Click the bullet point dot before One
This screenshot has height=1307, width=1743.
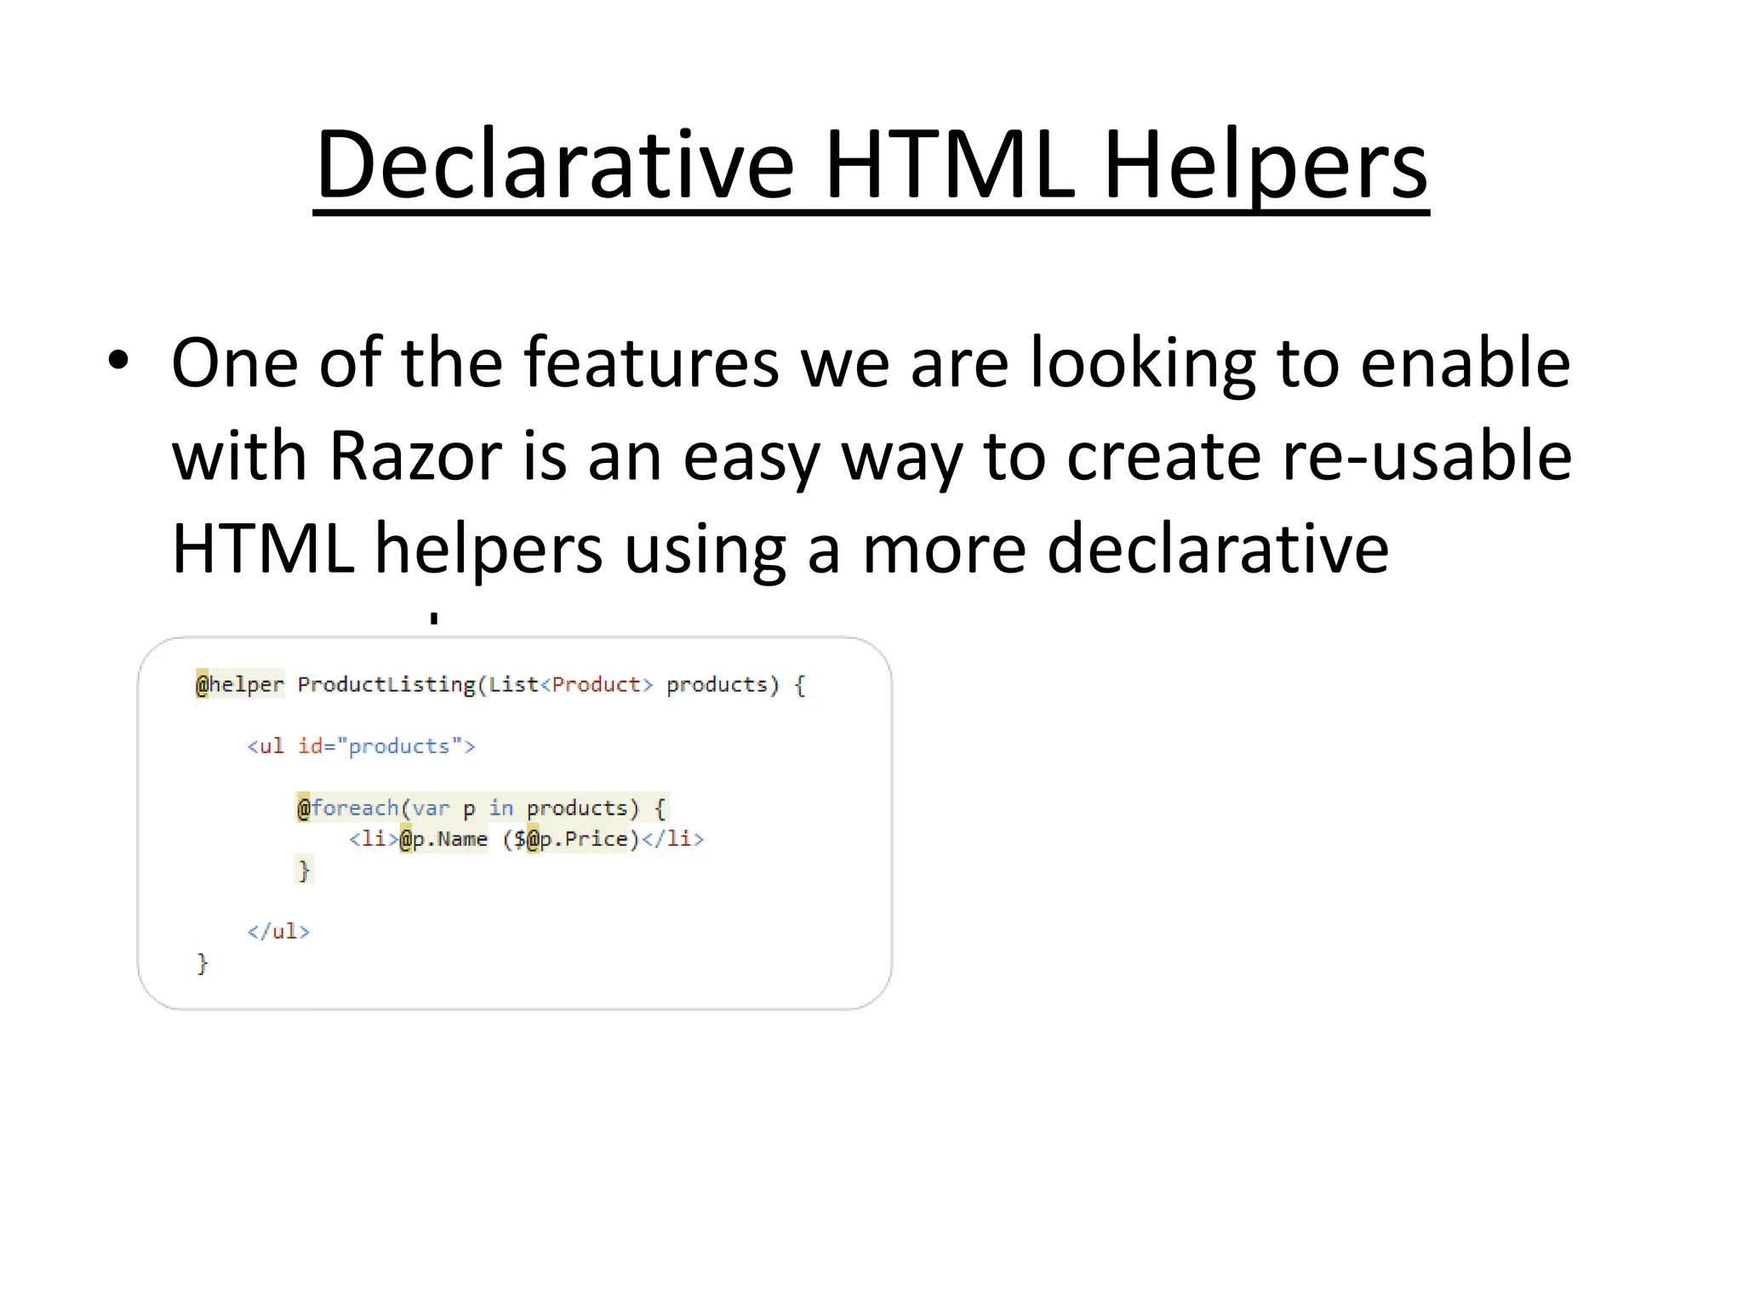[118, 362]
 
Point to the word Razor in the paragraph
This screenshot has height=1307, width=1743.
[415, 456]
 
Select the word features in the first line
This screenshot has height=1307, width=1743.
[651, 362]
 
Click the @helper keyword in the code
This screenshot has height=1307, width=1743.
[240, 685]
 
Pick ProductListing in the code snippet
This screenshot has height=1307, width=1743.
[386, 685]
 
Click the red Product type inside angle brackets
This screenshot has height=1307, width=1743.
[596, 685]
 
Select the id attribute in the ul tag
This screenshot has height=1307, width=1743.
[311, 746]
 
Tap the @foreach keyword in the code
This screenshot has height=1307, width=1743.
[347, 808]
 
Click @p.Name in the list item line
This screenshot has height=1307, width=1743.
[443, 839]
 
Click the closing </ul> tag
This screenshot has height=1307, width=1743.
[278, 931]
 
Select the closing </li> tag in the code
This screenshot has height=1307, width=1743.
[672, 839]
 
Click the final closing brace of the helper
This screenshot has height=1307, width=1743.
[202, 963]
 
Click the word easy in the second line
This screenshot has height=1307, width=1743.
[751, 456]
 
